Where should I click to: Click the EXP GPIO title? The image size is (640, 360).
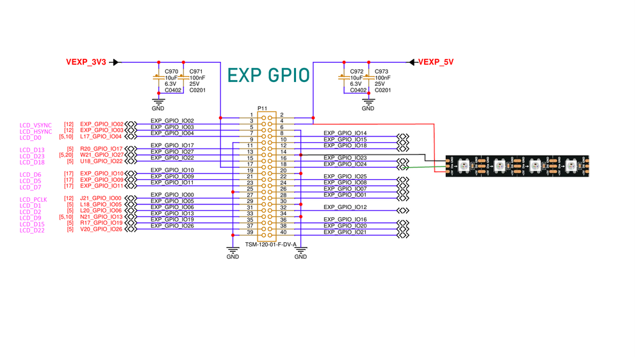coord(268,75)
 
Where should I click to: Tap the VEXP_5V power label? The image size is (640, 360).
coord(436,62)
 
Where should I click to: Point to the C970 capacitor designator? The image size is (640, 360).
coord(171,71)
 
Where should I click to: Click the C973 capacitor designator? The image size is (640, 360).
coord(382,71)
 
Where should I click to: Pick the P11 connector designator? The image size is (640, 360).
coord(262,109)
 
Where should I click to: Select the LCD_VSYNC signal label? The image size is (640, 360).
coord(36,125)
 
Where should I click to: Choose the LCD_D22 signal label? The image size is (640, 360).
coord(32,230)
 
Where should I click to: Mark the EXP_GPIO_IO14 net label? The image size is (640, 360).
coord(345,133)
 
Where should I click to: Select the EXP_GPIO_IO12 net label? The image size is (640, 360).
coord(345,208)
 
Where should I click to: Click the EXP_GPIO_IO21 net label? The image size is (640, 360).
coord(345,232)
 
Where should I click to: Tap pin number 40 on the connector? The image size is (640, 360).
coord(283,232)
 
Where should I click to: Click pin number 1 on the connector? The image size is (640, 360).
coord(252,115)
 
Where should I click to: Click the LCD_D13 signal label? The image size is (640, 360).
coord(32,150)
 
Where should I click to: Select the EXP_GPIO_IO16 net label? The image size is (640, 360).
coord(345,220)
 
